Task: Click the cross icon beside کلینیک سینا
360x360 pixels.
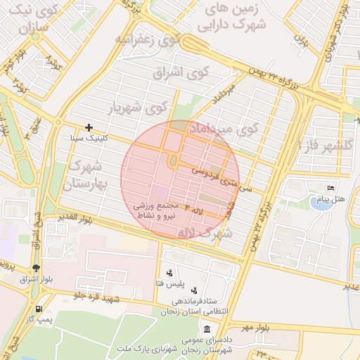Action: pos(89,127)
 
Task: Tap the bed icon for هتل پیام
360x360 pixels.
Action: pos(331,188)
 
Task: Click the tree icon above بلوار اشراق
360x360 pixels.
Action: pos(36,268)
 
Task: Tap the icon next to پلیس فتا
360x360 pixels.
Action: pos(169,273)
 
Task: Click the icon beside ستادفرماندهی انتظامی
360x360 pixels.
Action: pos(194,290)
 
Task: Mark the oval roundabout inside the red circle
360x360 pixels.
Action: pos(173,162)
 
